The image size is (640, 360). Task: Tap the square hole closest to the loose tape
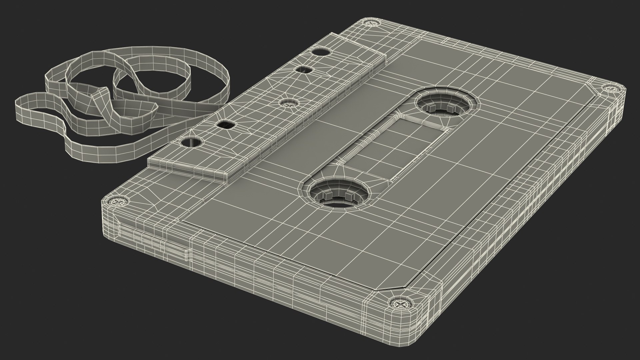pos(226,125)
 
